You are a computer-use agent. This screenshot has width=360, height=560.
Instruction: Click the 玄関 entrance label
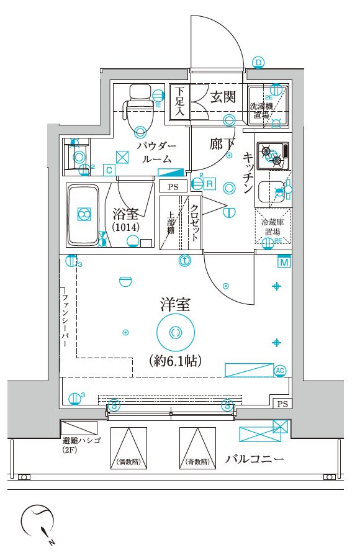222,97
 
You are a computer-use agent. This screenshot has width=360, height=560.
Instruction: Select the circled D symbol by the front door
258,61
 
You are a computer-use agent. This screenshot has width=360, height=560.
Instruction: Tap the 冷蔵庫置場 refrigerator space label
271,227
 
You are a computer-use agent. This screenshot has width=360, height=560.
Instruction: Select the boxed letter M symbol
284,262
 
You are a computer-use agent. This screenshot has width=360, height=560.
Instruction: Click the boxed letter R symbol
210,184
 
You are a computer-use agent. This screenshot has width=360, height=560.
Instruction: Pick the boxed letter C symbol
109,169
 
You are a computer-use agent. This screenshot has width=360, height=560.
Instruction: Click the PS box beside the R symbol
173,186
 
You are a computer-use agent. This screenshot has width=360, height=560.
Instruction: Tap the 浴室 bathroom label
126,215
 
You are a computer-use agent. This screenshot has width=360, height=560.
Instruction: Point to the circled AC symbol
279,371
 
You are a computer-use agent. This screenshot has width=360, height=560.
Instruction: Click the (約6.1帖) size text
175,361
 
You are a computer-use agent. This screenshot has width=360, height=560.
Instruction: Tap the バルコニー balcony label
254,460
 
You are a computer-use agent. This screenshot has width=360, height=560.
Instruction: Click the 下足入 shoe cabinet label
179,102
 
